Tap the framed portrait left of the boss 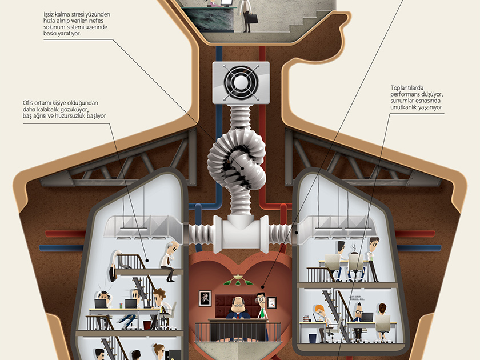205,298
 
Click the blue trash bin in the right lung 311,338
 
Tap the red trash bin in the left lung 147,325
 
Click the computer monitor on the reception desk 226,3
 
